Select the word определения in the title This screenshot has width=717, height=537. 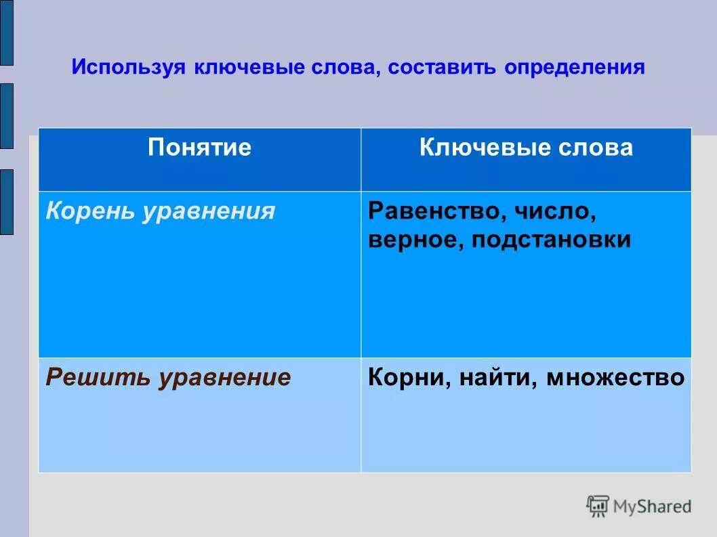[x=574, y=68]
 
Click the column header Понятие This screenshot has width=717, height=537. [x=199, y=148]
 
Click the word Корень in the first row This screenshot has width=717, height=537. [x=91, y=211]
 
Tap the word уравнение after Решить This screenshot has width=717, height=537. [x=224, y=377]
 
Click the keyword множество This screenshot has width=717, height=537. [x=615, y=377]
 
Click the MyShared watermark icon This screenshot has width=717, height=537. [x=598, y=506]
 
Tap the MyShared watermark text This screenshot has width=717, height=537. [x=652, y=506]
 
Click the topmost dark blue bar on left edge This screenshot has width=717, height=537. [x=6, y=33]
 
